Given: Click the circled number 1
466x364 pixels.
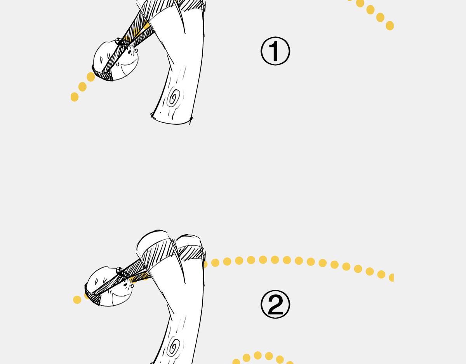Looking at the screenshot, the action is (275, 51).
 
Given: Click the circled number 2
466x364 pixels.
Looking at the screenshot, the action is (275, 304).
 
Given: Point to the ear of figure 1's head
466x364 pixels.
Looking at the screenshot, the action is (136, 51).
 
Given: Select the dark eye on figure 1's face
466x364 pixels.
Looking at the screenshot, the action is (129, 52).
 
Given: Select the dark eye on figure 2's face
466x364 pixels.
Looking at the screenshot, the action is (125, 285).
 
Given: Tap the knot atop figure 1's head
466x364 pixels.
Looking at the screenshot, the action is (119, 41).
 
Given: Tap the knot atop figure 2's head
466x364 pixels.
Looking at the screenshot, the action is (120, 271).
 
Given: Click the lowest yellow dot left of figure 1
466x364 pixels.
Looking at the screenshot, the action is (75, 97).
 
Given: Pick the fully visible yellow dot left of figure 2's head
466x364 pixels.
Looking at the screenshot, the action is (77, 300).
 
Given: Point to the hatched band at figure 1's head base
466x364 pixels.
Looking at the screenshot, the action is (103, 74).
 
